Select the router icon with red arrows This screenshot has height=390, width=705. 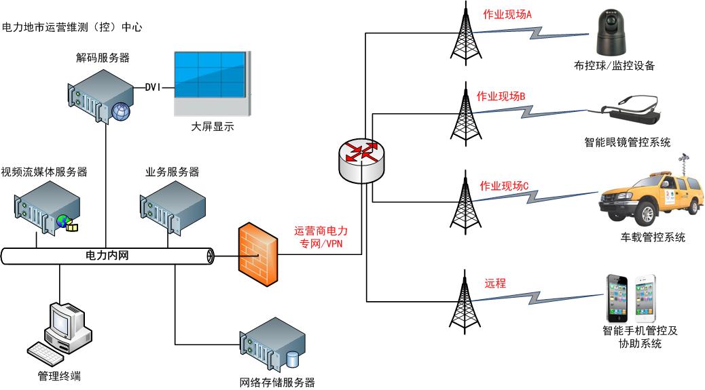tap(361, 157)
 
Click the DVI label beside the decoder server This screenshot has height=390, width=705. tap(157, 87)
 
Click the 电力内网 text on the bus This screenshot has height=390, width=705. tap(107, 256)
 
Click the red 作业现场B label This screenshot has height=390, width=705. tap(501, 96)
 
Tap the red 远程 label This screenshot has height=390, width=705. tap(495, 284)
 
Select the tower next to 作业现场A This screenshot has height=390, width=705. tap(465, 37)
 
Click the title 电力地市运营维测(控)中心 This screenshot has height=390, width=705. tap(72, 28)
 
